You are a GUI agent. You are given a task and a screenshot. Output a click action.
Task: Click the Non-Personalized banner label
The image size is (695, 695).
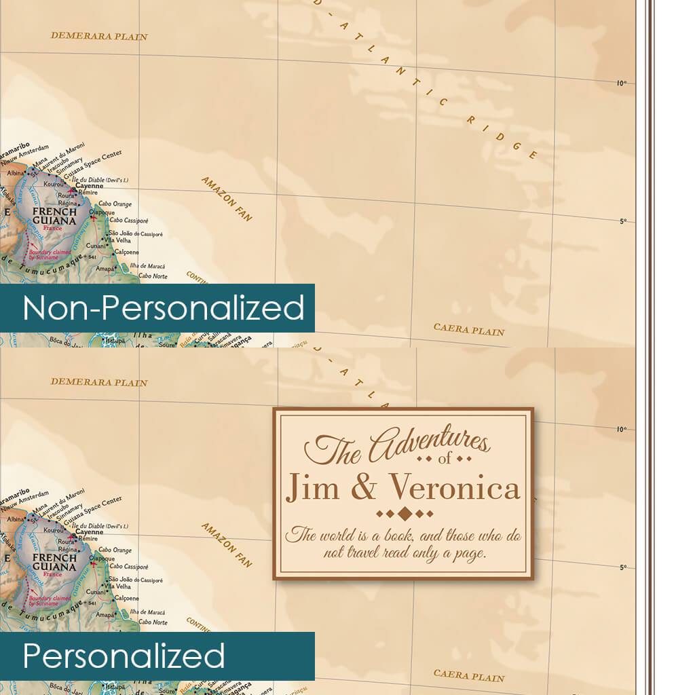pyautogui.click(x=163, y=308)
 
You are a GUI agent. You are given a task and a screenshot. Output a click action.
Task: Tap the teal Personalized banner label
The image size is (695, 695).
pyautogui.click(x=124, y=656)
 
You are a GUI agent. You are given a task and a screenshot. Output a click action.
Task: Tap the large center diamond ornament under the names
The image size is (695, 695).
pyautogui.click(x=404, y=512)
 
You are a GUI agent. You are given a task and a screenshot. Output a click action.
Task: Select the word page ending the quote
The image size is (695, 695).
pyautogui.click(x=472, y=553)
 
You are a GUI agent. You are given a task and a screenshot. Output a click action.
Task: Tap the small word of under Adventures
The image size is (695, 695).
pyautogui.click(x=445, y=461)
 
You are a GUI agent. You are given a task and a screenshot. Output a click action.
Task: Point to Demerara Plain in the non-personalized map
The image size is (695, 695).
pyautogui.click(x=99, y=36)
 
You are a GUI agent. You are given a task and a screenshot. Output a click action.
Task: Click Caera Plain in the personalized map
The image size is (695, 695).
pyautogui.click(x=469, y=676)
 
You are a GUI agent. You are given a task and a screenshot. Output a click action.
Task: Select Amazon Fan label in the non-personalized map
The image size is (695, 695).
pyautogui.click(x=227, y=198)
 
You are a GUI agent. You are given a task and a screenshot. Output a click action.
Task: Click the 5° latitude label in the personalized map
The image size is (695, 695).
pyautogui.click(x=622, y=567)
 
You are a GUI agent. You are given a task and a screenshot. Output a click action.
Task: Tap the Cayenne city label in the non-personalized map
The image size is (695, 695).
pyautogui.click(x=90, y=185)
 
